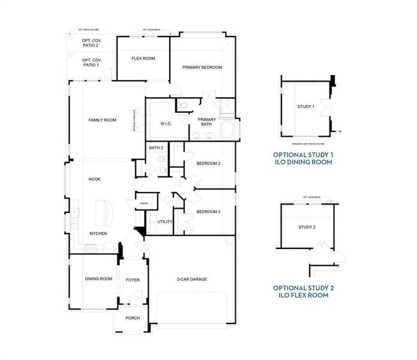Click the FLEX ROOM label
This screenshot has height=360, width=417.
143,58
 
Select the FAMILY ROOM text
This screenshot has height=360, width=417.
103,120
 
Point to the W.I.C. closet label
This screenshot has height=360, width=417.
166,124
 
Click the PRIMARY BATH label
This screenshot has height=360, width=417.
207,122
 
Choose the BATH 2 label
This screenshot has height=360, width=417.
156,147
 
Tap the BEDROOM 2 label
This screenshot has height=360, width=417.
208,163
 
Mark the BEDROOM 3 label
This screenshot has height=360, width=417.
208,212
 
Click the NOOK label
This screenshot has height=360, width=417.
94,179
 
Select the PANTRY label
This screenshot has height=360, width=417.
144,203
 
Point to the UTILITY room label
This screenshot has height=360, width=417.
165,221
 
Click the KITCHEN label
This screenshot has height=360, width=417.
99,233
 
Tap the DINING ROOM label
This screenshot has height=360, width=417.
98,278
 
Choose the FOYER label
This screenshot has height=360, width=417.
133,280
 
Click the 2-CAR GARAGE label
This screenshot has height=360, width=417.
191,279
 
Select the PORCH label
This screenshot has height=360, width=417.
132,319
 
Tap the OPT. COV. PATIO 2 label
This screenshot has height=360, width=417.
92,43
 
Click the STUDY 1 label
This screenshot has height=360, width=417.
305,106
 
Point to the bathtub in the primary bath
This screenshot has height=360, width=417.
229,130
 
